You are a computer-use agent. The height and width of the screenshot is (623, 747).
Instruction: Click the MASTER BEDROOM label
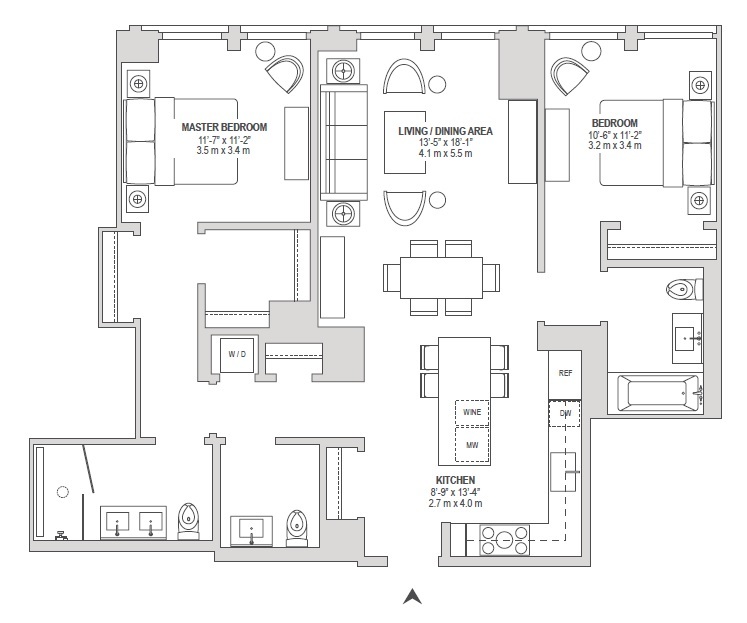[x=224, y=127]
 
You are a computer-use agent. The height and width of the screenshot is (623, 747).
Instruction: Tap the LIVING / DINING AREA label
[x=445, y=131]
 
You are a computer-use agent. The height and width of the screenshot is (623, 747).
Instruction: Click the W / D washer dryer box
[x=237, y=354]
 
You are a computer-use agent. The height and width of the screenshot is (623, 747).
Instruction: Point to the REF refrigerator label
[x=565, y=373]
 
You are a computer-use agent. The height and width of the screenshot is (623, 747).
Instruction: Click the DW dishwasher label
[x=565, y=412]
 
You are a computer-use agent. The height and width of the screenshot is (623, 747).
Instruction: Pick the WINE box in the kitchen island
[x=472, y=411]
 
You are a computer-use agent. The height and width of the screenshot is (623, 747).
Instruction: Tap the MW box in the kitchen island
[x=472, y=444]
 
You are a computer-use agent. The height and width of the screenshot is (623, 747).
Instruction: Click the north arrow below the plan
[x=412, y=596]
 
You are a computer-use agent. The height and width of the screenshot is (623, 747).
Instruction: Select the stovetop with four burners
[x=505, y=540]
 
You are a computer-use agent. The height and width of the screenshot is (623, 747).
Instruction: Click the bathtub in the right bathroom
[x=660, y=393]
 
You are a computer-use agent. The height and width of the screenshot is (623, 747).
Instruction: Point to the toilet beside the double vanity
[x=188, y=520]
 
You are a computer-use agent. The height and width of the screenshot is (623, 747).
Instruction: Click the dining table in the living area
[x=441, y=276]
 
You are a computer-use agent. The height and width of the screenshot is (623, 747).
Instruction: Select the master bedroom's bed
[x=181, y=141]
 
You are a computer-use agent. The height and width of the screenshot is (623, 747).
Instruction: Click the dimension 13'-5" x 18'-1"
[x=446, y=142]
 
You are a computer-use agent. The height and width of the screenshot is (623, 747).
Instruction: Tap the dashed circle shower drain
[x=64, y=491]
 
